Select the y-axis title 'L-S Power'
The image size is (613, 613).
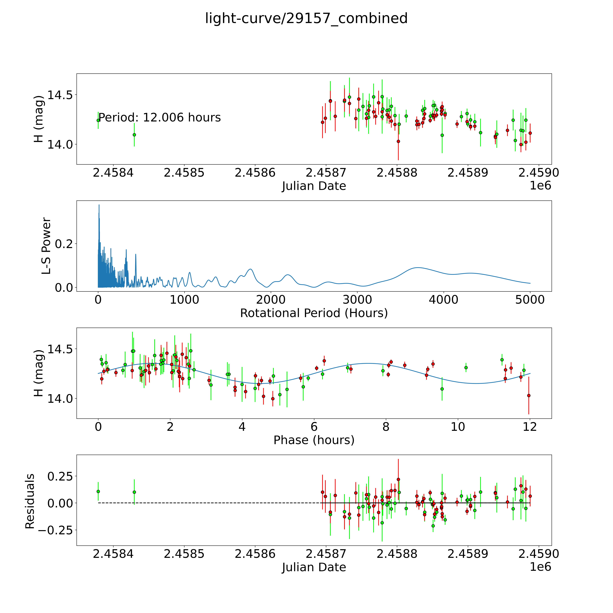(x=46, y=246)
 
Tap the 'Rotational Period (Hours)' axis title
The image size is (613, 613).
(x=314, y=313)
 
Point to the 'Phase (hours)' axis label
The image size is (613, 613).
(x=314, y=440)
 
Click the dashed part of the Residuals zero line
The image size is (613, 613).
(x=209, y=503)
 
